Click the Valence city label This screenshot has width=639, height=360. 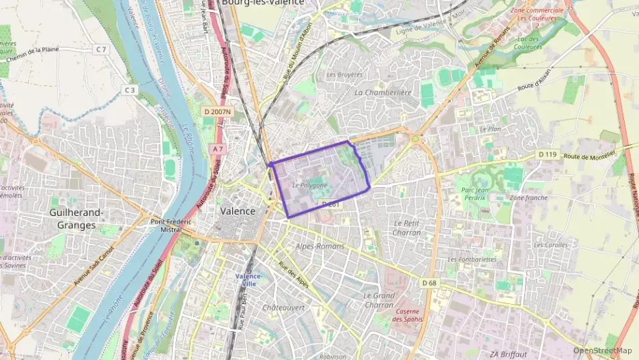(x=238, y=211)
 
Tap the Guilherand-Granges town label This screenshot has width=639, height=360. (x=76, y=218)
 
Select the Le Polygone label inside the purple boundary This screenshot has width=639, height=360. (x=309, y=185)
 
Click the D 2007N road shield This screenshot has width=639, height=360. (x=217, y=111)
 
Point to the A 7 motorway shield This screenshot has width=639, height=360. (x=218, y=148)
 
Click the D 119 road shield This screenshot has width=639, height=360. (x=547, y=154)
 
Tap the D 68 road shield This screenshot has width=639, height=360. (x=429, y=283)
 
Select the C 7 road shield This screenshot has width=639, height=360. (x=102, y=49)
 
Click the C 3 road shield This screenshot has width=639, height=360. (x=130, y=89)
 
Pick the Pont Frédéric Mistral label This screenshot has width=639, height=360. (x=170, y=226)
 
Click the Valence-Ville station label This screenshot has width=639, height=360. (x=249, y=279)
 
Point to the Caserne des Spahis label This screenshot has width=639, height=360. (x=408, y=315)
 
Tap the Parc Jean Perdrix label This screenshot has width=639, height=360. (x=477, y=193)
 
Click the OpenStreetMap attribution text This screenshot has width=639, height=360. (x=602, y=350)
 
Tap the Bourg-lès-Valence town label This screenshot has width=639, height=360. (x=263, y=3)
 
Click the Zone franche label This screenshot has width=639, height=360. (x=528, y=197)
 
